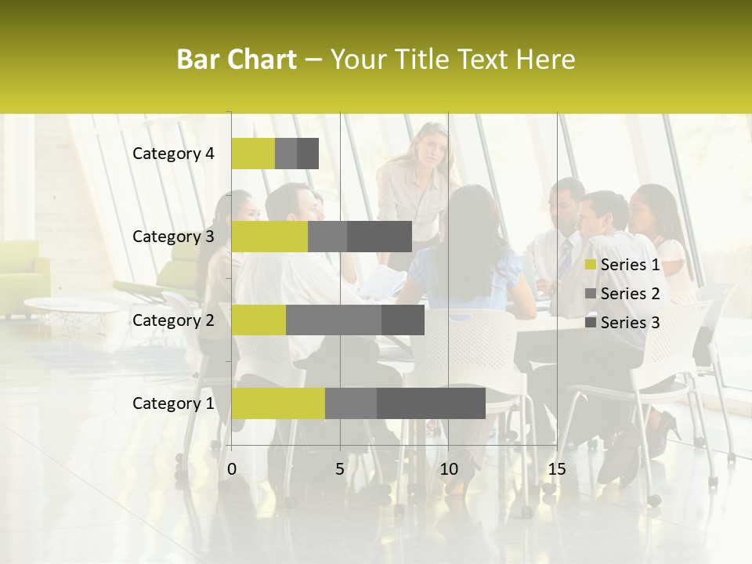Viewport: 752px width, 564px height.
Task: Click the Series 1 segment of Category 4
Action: [253, 154]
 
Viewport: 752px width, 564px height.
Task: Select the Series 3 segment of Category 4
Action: [308, 154]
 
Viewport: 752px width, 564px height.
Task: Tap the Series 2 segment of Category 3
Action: [327, 237]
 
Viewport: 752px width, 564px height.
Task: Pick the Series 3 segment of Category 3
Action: [379, 237]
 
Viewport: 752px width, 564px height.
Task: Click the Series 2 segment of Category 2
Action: [334, 320]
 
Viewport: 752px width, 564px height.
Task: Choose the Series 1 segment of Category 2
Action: [258, 320]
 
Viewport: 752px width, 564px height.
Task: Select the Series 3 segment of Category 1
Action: [431, 403]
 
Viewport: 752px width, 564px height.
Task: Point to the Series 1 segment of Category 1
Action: [278, 403]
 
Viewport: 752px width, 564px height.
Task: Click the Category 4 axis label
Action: [173, 154]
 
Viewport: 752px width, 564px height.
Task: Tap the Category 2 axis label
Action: [173, 320]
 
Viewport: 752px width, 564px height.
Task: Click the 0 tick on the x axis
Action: [232, 469]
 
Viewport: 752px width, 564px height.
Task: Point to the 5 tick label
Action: [340, 469]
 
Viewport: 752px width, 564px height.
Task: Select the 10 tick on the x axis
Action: [448, 469]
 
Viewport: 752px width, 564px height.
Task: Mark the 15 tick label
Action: [556, 469]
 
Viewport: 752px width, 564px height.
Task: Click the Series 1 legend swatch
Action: [591, 265]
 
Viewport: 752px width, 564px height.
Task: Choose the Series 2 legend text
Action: [630, 294]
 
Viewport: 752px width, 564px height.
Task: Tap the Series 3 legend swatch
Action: [591, 323]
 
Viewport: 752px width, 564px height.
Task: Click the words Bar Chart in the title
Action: [237, 60]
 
